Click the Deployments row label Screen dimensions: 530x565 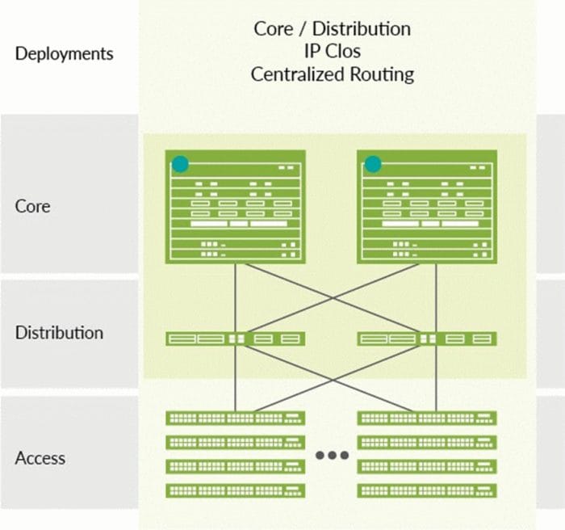(65, 55)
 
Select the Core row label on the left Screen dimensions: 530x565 (33, 206)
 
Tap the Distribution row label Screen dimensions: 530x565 (59, 332)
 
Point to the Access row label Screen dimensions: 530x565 (40, 458)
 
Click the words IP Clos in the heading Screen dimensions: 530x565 (332, 52)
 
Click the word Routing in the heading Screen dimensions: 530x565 (384, 74)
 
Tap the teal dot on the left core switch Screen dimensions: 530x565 (180, 164)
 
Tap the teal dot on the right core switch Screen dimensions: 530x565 (372, 164)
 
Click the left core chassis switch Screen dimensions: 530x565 (235, 207)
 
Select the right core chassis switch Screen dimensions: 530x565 (427, 207)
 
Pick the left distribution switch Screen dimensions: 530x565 (235, 339)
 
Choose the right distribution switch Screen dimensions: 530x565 (427, 339)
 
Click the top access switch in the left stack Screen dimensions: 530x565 (235, 418)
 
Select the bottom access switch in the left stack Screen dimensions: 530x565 (235, 490)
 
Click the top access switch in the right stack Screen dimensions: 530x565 (427, 418)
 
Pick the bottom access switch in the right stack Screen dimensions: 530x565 (427, 490)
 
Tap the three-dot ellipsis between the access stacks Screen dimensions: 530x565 (332, 456)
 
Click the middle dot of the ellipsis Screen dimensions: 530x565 (332, 456)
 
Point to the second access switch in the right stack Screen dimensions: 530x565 (427, 442)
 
